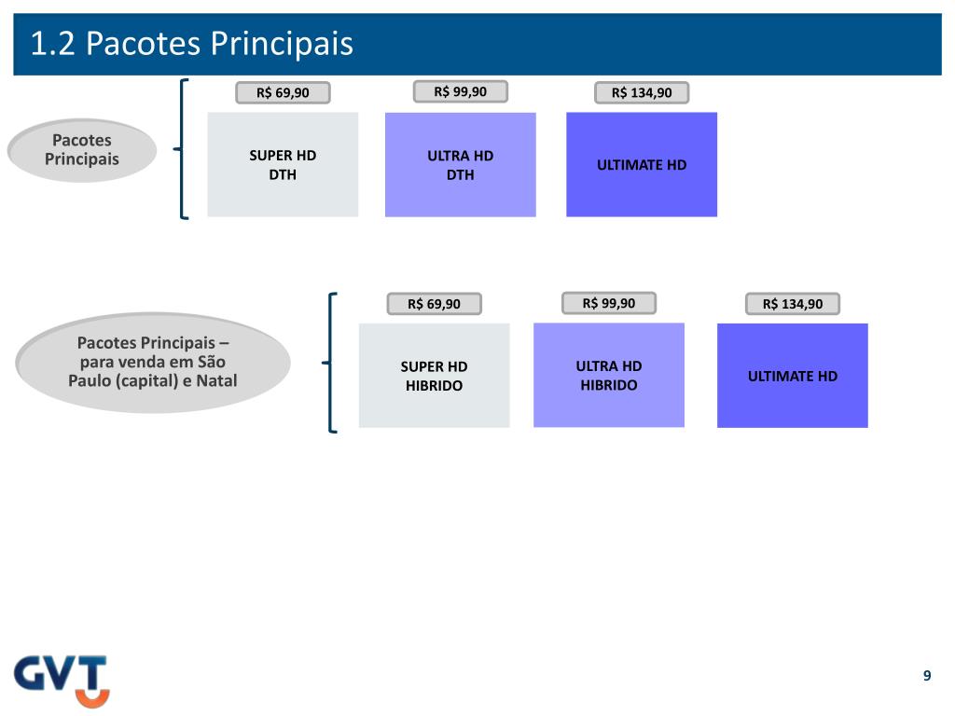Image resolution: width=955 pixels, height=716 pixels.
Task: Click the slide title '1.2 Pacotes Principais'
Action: tap(192, 44)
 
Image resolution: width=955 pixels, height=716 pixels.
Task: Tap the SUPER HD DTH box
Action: tap(283, 165)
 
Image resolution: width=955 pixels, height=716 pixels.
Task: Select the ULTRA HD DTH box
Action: tap(461, 165)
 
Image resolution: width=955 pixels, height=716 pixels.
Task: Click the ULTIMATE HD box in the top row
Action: tap(642, 165)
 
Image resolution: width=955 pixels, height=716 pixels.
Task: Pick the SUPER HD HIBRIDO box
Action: tap(435, 376)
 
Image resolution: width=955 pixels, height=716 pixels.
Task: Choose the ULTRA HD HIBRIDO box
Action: tap(609, 375)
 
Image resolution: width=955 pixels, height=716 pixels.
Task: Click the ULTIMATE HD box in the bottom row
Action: tap(793, 376)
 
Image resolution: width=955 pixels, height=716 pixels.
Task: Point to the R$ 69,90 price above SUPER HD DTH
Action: tap(283, 92)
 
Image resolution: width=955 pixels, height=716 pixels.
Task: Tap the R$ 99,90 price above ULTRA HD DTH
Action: tap(461, 91)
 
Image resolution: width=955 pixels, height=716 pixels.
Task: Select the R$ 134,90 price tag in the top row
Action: tap(642, 92)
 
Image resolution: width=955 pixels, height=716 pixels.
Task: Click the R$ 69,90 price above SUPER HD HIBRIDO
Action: tap(435, 304)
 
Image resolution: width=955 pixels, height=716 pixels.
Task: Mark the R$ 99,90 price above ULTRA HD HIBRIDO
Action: tap(609, 303)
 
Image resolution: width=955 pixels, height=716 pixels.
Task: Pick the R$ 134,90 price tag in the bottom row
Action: tap(793, 304)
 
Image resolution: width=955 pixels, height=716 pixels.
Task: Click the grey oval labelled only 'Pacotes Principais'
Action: tap(82, 150)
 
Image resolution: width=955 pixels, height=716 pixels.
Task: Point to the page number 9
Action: tap(927, 676)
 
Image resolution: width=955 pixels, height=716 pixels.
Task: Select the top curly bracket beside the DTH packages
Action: tap(183, 149)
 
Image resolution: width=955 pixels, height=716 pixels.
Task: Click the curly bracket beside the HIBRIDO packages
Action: tap(332, 363)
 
